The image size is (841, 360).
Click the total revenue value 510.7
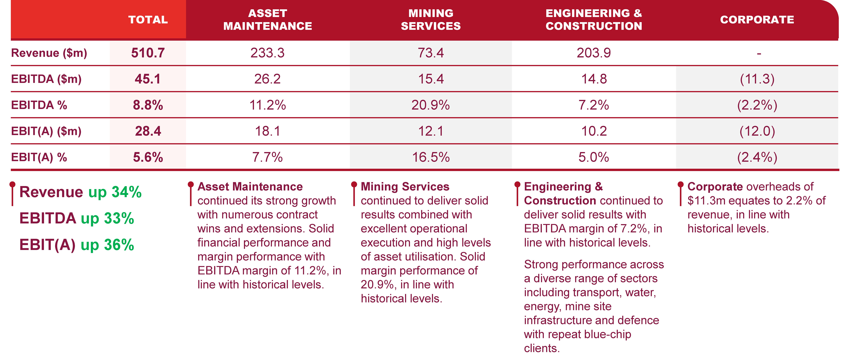click(148, 53)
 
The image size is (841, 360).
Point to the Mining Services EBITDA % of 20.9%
click(431, 105)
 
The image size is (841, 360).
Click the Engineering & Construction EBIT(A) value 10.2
click(594, 131)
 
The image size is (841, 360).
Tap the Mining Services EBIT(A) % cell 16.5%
click(431, 157)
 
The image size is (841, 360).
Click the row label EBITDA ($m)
click(46, 79)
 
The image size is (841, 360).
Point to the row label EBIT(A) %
click(39, 157)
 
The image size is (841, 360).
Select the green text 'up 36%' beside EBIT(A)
click(107, 245)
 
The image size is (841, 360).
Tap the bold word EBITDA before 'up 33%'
click(48, 218)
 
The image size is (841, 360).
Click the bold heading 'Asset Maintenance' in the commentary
click(250, 187)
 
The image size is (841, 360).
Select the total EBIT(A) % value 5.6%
click(148, 157)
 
